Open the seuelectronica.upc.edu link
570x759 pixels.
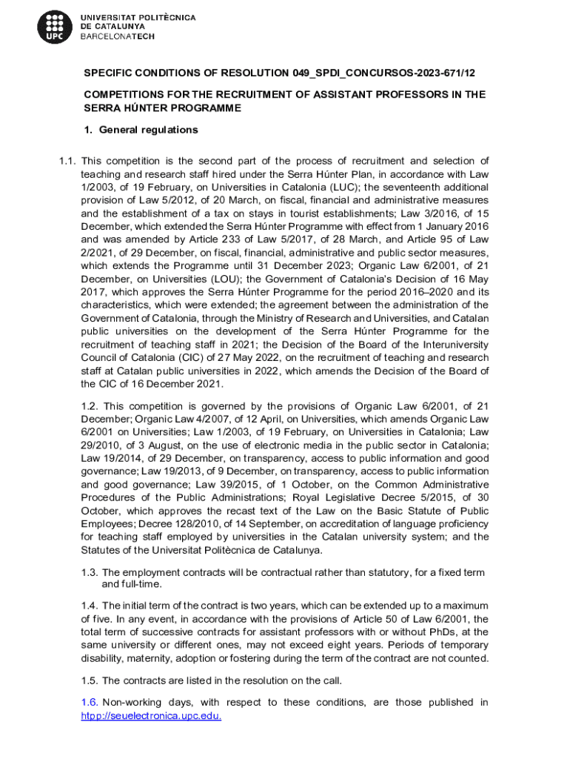pos(151,716)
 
